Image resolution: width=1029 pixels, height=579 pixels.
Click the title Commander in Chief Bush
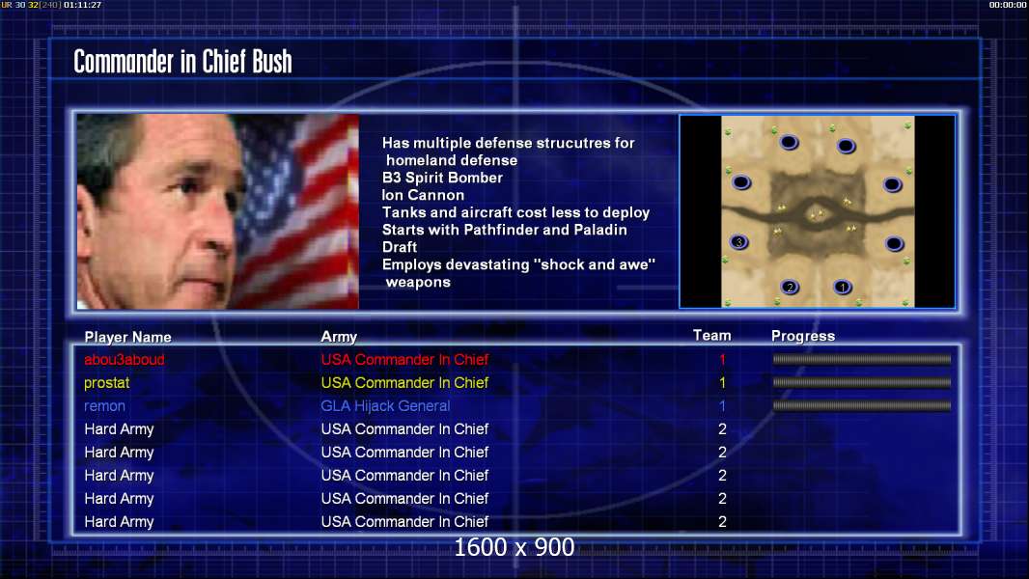point(182,62)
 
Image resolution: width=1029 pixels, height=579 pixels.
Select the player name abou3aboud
point(124,359)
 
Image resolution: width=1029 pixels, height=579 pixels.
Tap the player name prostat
point(106,383)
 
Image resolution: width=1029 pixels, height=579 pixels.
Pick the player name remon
point(104,406)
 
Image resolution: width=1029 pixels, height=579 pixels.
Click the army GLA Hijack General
point(385,406)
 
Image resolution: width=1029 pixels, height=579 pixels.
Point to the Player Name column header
point(128,337)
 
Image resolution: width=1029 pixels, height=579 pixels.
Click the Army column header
point(339,337)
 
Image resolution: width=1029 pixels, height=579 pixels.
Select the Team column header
point(712,335)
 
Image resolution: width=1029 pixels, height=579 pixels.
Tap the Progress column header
point(802,336)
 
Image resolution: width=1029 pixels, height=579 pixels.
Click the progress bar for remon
point(862,406)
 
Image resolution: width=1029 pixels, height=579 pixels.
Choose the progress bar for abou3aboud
point(862,359)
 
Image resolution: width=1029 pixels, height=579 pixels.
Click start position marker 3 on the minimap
point(739,242)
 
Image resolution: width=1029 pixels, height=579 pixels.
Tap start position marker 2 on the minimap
point(791,288)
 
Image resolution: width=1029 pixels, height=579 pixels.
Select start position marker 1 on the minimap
point(843,288)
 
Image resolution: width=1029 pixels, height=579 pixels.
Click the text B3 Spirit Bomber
point(442,178)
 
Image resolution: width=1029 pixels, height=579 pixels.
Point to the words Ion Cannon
point(423,195)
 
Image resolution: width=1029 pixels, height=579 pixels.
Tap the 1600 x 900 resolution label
point(514,547)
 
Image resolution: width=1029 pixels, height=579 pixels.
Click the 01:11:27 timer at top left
point(83,5)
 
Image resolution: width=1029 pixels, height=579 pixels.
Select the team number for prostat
point(723,383)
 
